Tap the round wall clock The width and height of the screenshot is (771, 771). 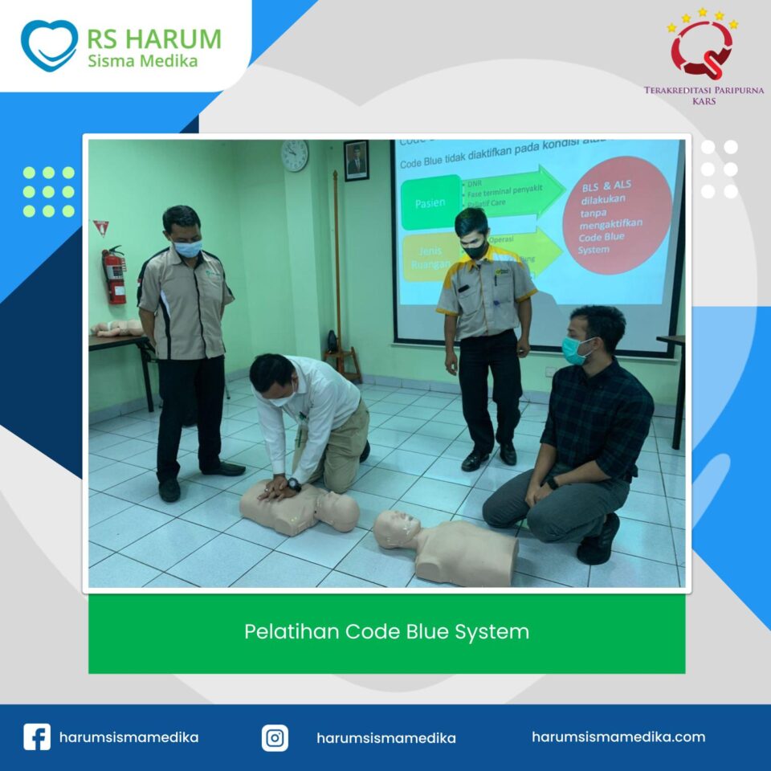pos(295,155)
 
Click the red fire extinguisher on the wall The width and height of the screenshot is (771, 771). pos(116,275)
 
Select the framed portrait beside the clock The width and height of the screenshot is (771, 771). pos(356,160)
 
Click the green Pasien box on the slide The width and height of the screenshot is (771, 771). pos(430,202)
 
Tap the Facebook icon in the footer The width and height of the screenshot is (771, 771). pos(37,737)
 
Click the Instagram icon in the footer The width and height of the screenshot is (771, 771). pos(275,737)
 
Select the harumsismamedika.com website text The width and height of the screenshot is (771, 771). pos(618,736)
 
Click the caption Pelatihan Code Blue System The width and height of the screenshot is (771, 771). pos(386,632)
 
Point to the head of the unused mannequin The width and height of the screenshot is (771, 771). pos(396,529)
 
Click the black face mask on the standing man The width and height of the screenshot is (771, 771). pos(475,251)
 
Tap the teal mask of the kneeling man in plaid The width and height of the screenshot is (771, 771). pos(573,349)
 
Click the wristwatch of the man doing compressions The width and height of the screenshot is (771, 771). pos(294,484)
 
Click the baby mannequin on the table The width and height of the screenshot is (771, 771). pos(118,328)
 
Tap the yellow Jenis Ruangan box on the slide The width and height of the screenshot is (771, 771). pos(430,258)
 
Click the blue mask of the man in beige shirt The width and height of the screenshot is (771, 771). pos(187,249)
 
